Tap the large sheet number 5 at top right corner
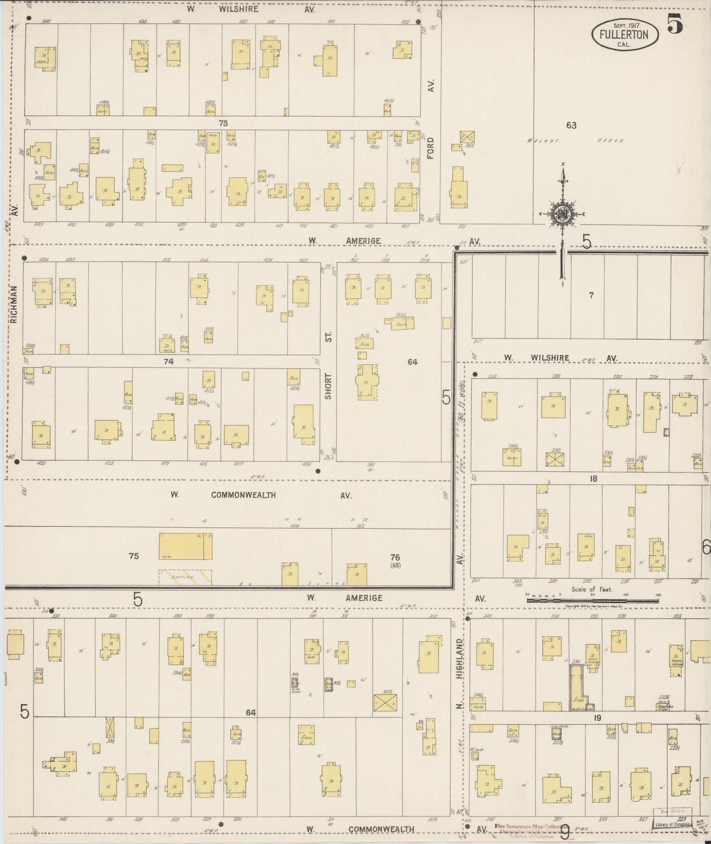point(675,25)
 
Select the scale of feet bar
point(592,600)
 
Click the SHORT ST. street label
point(328,365)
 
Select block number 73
point(223,123)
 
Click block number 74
point(169,361)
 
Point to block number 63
point(571,125)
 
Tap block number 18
point(593,478)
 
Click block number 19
point(597,718)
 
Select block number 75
point(133,556)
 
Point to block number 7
point(591,295)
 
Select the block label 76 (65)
point(395,560)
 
